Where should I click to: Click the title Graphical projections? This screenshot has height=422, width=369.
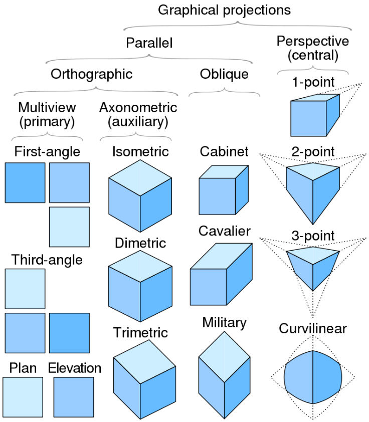224,10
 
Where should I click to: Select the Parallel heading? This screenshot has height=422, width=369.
149,43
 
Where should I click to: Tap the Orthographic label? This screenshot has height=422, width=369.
91,74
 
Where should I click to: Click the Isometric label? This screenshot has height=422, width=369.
140,151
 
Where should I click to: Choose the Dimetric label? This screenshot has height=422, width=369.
140,243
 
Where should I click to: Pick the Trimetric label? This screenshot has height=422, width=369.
140,332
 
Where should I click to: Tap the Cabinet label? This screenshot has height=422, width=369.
224,151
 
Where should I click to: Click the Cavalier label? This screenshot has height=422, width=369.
224,231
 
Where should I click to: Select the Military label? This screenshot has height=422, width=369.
224,323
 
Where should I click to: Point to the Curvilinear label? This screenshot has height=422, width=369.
312,329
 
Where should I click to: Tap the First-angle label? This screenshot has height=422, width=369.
47,151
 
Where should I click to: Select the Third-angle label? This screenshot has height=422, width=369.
47,260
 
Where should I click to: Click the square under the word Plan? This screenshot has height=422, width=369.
23,397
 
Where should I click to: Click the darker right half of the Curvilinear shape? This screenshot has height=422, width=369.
327,377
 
